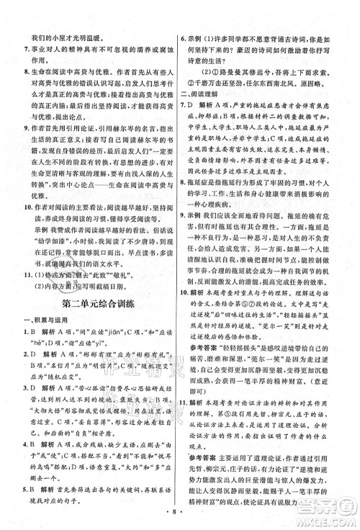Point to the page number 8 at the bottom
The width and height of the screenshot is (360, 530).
pyautogui.click(x=179, y=518)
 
